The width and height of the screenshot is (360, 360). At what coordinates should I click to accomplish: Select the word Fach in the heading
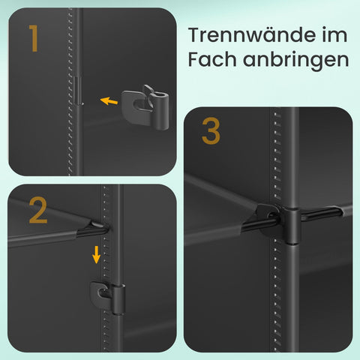point(212,59)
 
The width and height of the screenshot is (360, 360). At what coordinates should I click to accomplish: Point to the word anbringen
point(295,61)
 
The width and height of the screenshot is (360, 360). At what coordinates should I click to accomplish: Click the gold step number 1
point(34,38)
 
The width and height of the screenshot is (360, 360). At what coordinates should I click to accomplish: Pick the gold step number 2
point(38,210)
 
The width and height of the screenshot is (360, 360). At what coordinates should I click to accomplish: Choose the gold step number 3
point(211,131)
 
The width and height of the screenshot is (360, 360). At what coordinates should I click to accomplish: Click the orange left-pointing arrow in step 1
point(109,101)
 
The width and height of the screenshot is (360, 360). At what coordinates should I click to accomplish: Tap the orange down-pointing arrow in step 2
point(96,254)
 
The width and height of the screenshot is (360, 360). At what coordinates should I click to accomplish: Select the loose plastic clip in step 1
point(145,107)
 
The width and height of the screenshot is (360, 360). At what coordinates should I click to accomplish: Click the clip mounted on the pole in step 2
point(107,298)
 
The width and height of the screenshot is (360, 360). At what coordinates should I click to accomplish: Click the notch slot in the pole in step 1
point(78,91)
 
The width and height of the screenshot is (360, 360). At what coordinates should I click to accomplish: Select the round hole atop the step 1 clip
point(160,95)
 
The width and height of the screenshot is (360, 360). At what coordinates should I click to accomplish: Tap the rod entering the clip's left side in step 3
point(260,223)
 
